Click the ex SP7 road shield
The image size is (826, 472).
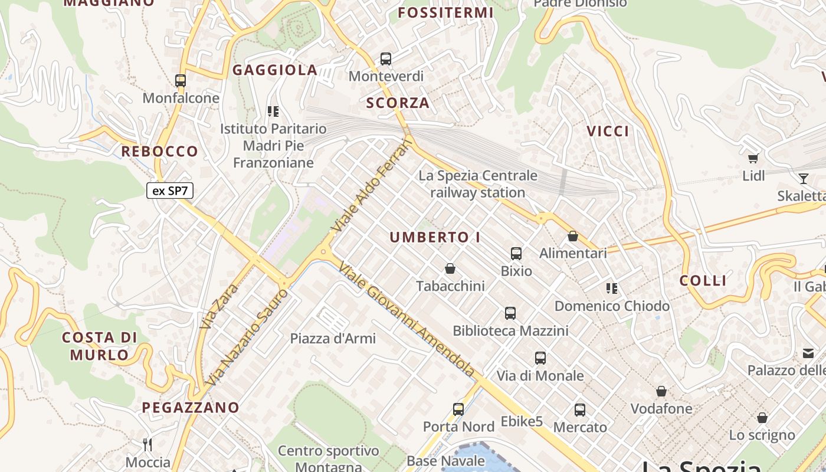coord(170,191)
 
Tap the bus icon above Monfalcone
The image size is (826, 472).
coord(181,81)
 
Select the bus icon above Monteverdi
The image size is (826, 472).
coord(385,59)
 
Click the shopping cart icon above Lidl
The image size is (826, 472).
coord(753,158)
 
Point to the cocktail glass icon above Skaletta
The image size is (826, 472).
coord(803,178)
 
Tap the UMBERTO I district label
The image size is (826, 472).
coord(435,238)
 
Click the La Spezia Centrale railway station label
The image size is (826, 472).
coord(478,184)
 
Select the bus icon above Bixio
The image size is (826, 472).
coord(516,254)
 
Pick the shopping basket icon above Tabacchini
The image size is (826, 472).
coord(450,269)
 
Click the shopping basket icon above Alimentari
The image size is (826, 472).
coord(572,237)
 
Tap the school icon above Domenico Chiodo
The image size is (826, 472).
coord(612,289)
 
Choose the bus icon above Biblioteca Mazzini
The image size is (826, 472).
coord(510,313)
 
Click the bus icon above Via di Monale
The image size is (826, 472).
coord(540,358)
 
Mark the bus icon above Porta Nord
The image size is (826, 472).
coord(458,409)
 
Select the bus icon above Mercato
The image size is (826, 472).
coord(580,410)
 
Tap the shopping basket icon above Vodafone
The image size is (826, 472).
coord(661,391)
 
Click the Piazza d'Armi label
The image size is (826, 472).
coord(333,339)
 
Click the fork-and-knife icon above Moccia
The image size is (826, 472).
coord(147,444)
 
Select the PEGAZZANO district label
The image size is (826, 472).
coord(191,408)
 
